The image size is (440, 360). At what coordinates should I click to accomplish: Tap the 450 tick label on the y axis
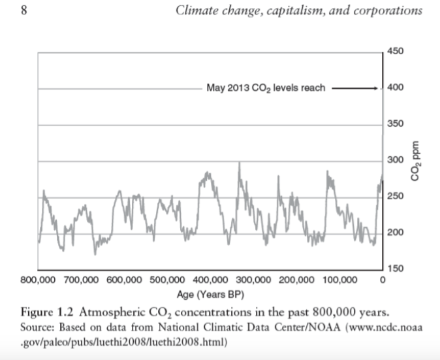point(396,52)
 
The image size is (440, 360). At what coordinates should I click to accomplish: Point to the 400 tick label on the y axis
point(396,88)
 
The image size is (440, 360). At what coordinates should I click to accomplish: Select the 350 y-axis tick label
point(396,124)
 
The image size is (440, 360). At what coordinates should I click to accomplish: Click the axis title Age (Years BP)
point(210,292)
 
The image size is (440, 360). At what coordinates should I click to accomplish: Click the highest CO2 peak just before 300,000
point(239,163)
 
